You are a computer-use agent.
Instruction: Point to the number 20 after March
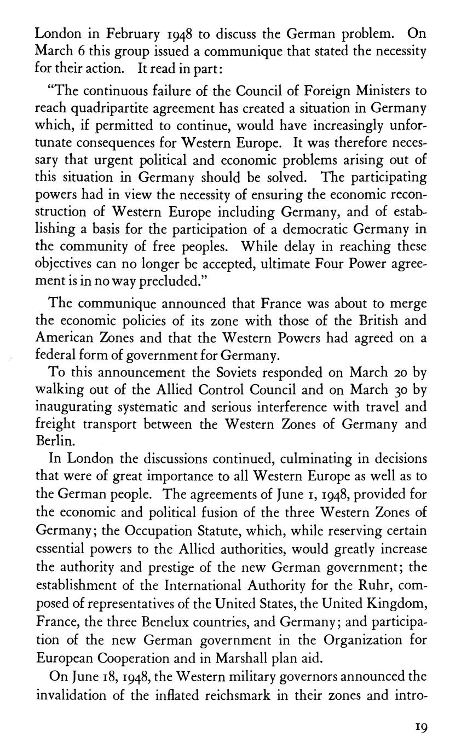[399, 373]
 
